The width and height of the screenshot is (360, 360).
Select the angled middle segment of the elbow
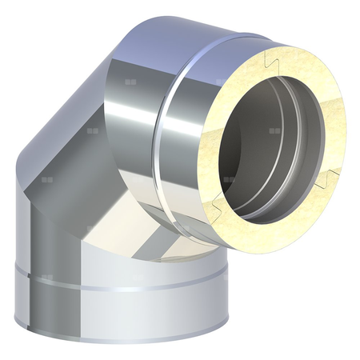click(x=88, y=160)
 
